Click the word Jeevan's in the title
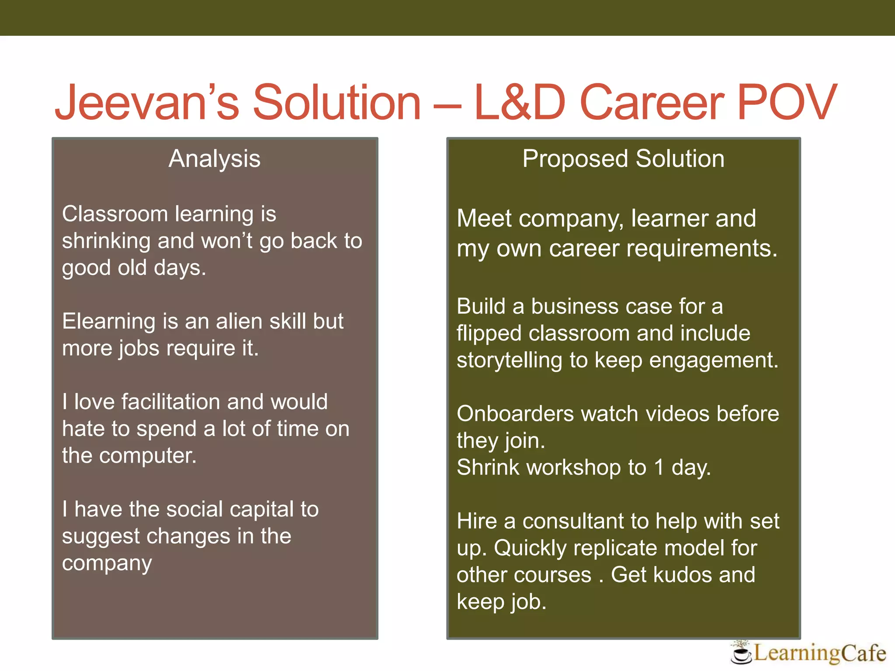coord(147,103)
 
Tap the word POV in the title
coord(787,103)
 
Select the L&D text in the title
coord(520,103)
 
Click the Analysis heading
coord(215,159)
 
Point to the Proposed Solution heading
coord(623,159)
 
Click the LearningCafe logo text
coord(820,653)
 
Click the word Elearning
coord(109,322)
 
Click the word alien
coord(239,322)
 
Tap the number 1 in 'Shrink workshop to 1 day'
coord(659,467)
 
